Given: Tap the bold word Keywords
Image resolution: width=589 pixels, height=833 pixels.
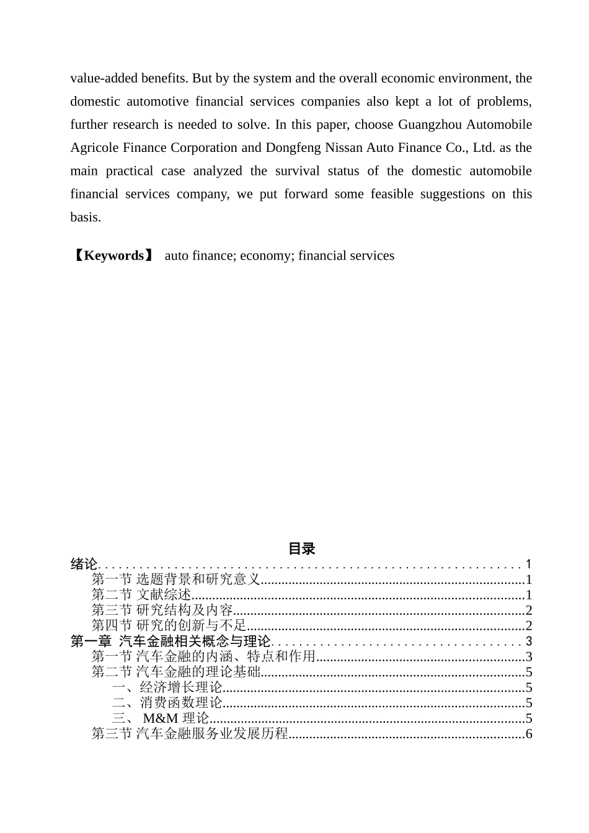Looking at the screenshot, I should click(x=113, y=255).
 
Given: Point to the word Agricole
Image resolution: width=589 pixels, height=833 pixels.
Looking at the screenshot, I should click(x=92, y=148).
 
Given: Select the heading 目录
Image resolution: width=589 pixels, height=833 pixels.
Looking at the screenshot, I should click(x=301, y=549).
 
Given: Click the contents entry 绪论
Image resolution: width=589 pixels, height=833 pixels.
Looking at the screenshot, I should click(x=84, y=564).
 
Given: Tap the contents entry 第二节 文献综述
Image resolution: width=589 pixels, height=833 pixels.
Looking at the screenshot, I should click(x=141, y=595).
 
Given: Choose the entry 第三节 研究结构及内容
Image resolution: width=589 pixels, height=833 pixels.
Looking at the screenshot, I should click(x=162, y=610).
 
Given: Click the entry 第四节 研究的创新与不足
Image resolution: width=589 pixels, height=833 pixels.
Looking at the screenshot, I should click(x=169, y=626).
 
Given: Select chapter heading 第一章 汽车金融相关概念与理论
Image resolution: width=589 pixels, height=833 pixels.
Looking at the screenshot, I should click(x=170, y=641).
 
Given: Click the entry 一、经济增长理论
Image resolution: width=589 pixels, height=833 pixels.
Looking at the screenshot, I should click(x=167, y=687).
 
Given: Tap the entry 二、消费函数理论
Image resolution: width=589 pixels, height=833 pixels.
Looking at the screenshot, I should click(x=167, y=703).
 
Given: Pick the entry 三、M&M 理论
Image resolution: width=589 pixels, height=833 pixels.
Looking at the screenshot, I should click(x=161, y=718).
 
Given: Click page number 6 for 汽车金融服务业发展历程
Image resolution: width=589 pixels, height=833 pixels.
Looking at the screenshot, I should click(x=529, y=734).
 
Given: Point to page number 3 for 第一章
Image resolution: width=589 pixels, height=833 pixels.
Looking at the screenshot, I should click(x=529, y=641).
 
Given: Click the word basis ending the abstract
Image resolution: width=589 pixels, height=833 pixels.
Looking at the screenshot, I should click(x=84, y=217).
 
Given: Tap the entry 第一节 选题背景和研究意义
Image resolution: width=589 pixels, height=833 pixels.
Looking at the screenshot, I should click(x=175, y=580).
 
